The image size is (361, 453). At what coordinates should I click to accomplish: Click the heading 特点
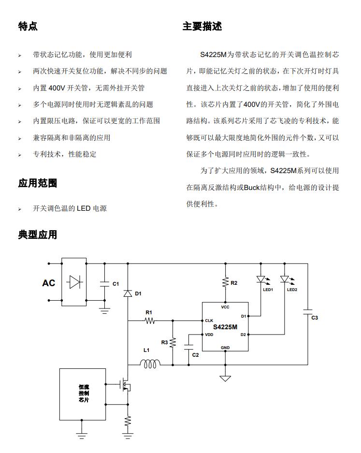coord(28,26)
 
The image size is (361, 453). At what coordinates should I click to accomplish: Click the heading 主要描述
coord(202,26)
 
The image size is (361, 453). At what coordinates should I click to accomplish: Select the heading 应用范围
coord(37,183)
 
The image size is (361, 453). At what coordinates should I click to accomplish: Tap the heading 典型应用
coord(37,234)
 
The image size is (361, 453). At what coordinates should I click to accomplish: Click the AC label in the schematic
coord(49,283)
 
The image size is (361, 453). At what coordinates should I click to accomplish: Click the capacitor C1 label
coord(116,284)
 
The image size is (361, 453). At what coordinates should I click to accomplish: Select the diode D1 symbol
coord(128,293)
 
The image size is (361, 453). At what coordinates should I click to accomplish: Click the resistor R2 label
coord(234,283)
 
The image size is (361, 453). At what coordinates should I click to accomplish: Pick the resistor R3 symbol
coord(173,342)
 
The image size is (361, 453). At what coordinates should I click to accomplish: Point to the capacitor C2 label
coord(195,355)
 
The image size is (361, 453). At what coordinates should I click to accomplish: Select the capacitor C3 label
coord(315,318)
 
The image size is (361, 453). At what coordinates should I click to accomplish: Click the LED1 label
coord(268,290)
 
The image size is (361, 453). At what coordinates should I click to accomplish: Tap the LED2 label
coord(292,290)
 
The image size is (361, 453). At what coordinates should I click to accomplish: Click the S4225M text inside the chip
coord(225,327)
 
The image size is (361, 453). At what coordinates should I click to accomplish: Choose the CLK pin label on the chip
coord(209,321)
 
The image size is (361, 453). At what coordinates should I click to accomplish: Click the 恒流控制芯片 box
coord(83,394)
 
